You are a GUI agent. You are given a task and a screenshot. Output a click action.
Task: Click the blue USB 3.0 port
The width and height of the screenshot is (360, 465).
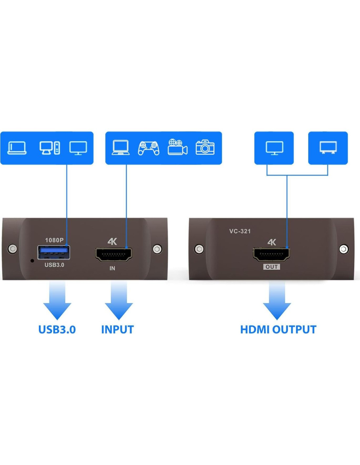54,252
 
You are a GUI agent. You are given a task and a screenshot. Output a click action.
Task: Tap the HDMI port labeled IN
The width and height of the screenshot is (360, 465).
114,254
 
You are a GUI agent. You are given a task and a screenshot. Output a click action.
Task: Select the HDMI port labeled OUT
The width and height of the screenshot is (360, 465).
271,254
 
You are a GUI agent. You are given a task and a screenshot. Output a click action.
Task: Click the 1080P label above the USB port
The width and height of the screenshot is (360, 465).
54,240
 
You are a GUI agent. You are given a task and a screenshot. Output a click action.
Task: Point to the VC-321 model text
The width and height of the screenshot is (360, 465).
240,231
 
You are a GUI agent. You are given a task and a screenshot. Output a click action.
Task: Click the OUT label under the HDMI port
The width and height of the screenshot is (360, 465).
271,267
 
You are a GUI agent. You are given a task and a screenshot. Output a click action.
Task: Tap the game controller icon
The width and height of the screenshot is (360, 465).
149,148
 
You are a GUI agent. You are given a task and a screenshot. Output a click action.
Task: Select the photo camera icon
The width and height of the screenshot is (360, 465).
205,147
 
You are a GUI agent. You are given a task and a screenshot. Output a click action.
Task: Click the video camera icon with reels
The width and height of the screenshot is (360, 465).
177,147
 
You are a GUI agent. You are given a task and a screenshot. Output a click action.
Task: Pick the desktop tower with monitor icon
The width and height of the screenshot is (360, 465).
50,148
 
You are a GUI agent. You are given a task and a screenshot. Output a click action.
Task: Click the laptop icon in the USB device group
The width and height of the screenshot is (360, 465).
17,148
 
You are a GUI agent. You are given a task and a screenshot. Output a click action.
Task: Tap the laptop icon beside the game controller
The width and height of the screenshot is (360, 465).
120,147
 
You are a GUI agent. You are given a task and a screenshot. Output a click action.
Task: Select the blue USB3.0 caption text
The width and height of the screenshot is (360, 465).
57,330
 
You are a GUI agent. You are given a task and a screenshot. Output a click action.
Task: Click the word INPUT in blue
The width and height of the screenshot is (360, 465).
117,330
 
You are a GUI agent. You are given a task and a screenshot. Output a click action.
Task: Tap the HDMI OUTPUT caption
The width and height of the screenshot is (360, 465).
278,330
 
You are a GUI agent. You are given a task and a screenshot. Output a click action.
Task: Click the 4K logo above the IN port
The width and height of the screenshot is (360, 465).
112,241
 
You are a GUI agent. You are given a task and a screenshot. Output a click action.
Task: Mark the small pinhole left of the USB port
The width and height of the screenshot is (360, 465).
32,261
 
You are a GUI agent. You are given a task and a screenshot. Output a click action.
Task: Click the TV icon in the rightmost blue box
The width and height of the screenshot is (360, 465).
328,147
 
